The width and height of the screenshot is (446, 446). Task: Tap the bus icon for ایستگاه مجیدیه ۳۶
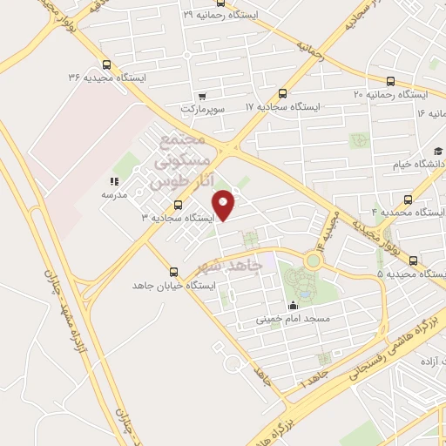click(106, 64)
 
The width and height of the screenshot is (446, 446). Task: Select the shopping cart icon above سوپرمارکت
click(202, 96)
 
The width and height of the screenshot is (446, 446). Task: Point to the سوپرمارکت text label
click(203, 109)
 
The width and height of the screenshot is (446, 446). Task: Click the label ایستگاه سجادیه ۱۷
click(283, 106)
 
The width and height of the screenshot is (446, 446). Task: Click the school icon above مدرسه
click(113, 181)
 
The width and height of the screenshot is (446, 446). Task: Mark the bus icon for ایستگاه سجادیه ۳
click(178, 206)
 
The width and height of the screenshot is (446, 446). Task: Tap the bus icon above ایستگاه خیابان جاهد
click(173, 272)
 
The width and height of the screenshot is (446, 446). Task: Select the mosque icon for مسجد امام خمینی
click(292, 305)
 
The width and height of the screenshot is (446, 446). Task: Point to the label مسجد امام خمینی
click(291, 319)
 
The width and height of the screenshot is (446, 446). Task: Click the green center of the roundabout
click(313, 260)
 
